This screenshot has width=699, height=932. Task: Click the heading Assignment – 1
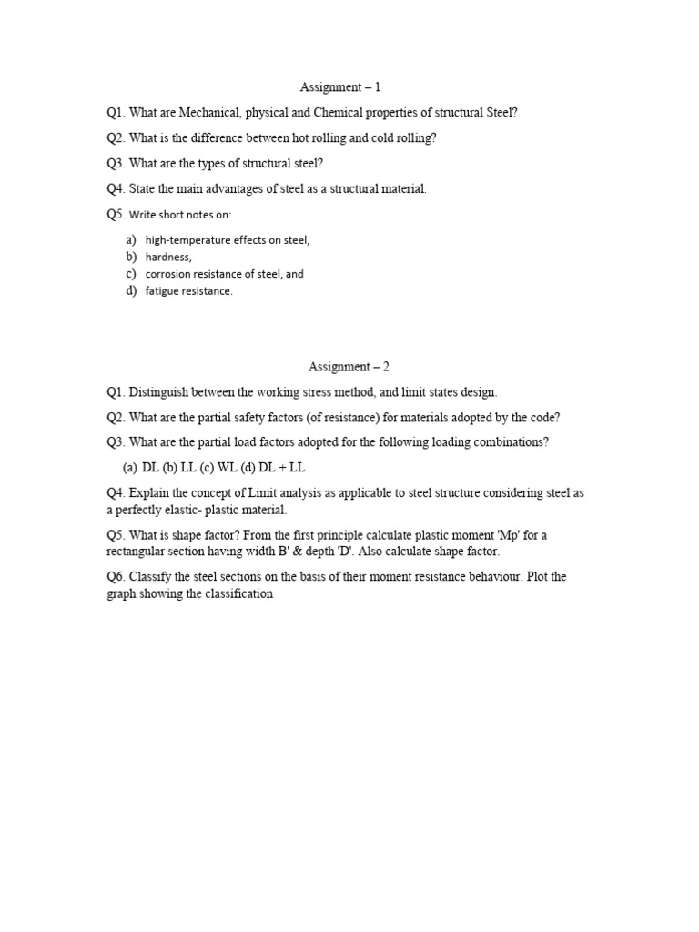[x=340, y=87]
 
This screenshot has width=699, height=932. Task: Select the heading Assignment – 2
[x=349, y=367]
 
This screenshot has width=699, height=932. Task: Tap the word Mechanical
[x=206, y=113]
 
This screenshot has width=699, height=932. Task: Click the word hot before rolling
[x=309, y=138]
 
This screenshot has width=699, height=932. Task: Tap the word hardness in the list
[x=167, y=258]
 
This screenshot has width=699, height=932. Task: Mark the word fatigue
[x=162, y=291]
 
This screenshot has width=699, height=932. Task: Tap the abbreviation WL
[x=228, y=468]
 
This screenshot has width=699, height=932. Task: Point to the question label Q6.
[x=116, y=578]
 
